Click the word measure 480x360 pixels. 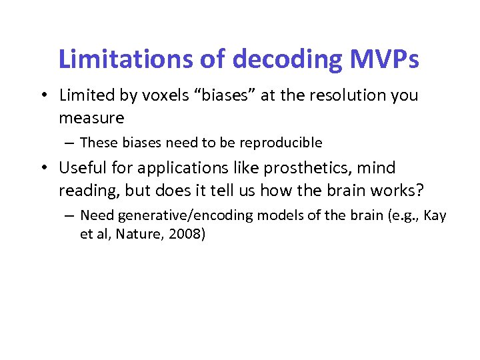(x=91, y=118)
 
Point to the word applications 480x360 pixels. (x=186, y=168)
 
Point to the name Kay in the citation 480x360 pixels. (x=434, y=215)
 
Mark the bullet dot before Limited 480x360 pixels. (x=42, y=96)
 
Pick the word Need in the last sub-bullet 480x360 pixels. (x=95, y=215)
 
